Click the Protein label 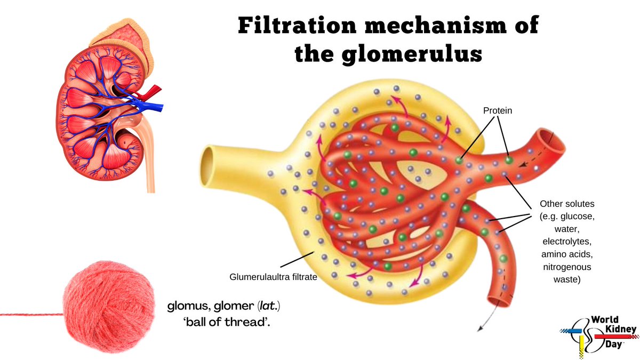[x=497, y=110]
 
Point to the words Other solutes [x=565, y=204]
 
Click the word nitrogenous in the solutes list [x=565, y=266]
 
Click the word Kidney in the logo [x=615, y=330]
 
